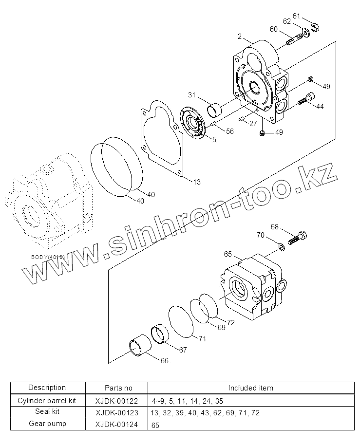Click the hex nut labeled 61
point(315,28)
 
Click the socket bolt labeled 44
point(304,100)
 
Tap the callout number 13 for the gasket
point(196,182)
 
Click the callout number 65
point(227,254)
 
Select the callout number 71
point(202,339)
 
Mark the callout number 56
point(229,131)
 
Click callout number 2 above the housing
point(240,36)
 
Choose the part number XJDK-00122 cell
point(117,401)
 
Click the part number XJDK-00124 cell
point(117,424)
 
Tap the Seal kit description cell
point(47,412)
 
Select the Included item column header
point(251,388)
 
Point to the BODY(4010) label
point(48,257)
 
